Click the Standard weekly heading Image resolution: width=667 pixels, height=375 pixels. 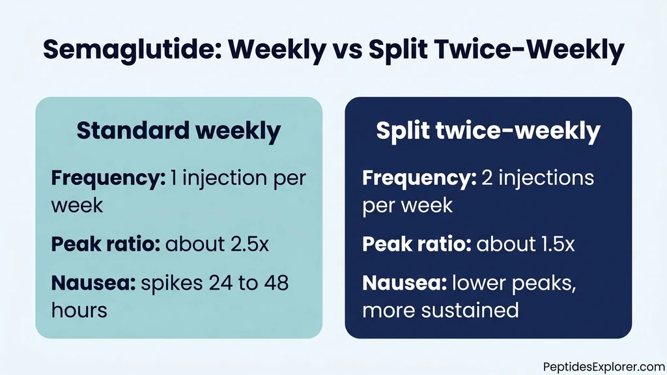click(178, 131)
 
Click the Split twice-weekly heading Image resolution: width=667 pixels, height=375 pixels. click(488, 131)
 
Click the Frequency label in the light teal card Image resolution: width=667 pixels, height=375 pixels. click(108, 178)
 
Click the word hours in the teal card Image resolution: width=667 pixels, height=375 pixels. click(79, 310)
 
